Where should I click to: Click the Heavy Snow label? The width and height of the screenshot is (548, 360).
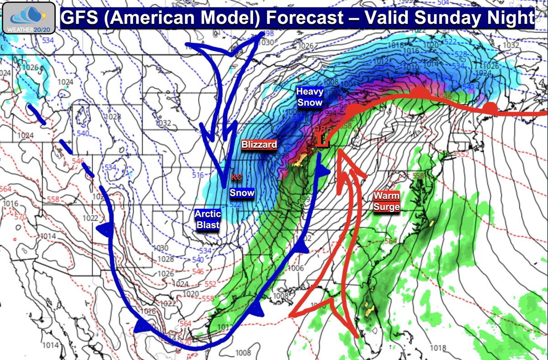pos(309,97)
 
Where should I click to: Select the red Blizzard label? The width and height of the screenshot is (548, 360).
pos(259,145)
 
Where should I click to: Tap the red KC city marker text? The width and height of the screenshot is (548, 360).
pos(236,177)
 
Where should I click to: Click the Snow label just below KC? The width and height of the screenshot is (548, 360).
pos(242,193)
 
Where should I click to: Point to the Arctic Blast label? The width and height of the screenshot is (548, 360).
pos(208,219)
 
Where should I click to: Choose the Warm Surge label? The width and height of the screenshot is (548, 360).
pos(386,201)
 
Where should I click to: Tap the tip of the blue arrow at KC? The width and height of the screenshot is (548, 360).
pos(223,185)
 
